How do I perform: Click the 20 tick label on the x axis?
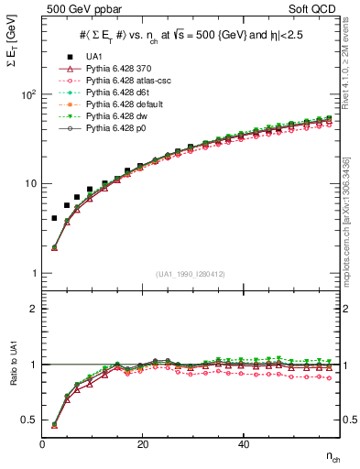point(143,444)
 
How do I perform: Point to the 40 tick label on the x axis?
point(244,444)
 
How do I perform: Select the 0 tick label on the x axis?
point(43,444)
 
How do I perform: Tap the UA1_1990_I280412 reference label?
point(191,275)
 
